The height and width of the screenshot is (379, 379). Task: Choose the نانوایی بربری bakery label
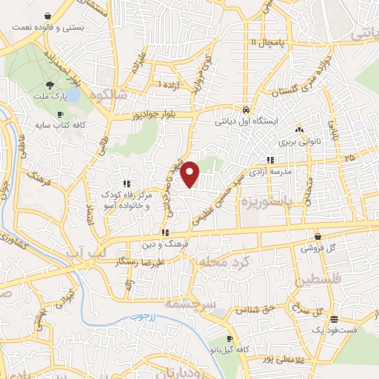point(298,138)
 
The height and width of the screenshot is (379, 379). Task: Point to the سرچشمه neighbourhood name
point(209,305)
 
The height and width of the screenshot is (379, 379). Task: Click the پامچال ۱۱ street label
point(264,42)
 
